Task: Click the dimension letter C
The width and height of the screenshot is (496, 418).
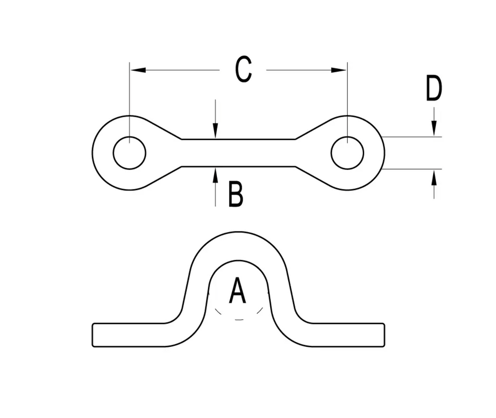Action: [243, 70]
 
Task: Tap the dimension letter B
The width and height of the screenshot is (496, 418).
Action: [235, 194]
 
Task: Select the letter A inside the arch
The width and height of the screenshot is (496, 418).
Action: [237, 291]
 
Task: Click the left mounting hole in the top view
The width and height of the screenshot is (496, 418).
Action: [129, 153]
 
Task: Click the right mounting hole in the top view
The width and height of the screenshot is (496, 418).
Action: [347, 153]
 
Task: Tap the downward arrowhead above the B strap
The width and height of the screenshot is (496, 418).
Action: [216, 132]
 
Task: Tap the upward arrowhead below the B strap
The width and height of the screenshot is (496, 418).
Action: [216, 173]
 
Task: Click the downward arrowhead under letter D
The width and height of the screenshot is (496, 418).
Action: [434, 129]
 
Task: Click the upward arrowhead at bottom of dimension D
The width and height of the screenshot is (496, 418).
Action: [434, 177]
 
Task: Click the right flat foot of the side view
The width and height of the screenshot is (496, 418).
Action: [349, 335]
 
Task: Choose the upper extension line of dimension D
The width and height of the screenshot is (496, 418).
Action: [412, 137]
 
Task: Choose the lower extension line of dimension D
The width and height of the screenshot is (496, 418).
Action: [412, 169]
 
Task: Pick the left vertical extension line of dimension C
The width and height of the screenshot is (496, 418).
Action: [129, 97]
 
